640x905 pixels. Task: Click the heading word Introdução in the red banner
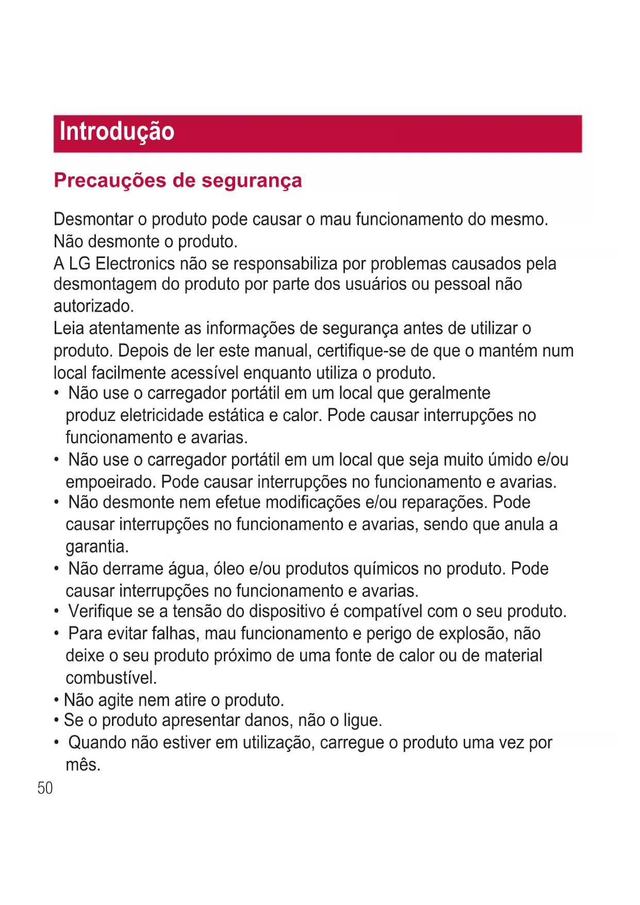tap(117, 132)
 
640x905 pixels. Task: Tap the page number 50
tap(45, 788)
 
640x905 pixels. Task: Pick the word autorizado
tap(93, 306)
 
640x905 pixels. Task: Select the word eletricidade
tap(162, 415)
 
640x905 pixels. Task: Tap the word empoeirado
tap(111, 482)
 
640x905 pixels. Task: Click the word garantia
tap(97, 546)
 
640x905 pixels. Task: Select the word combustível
tap(111, 678)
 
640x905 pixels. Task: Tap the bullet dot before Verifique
tap(56, 612)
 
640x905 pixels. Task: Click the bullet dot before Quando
tap(56, 743)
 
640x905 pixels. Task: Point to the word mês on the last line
tap(83, 765)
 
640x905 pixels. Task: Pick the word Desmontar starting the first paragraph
tap(93, 219)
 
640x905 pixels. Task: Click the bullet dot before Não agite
tap(56, 701)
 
